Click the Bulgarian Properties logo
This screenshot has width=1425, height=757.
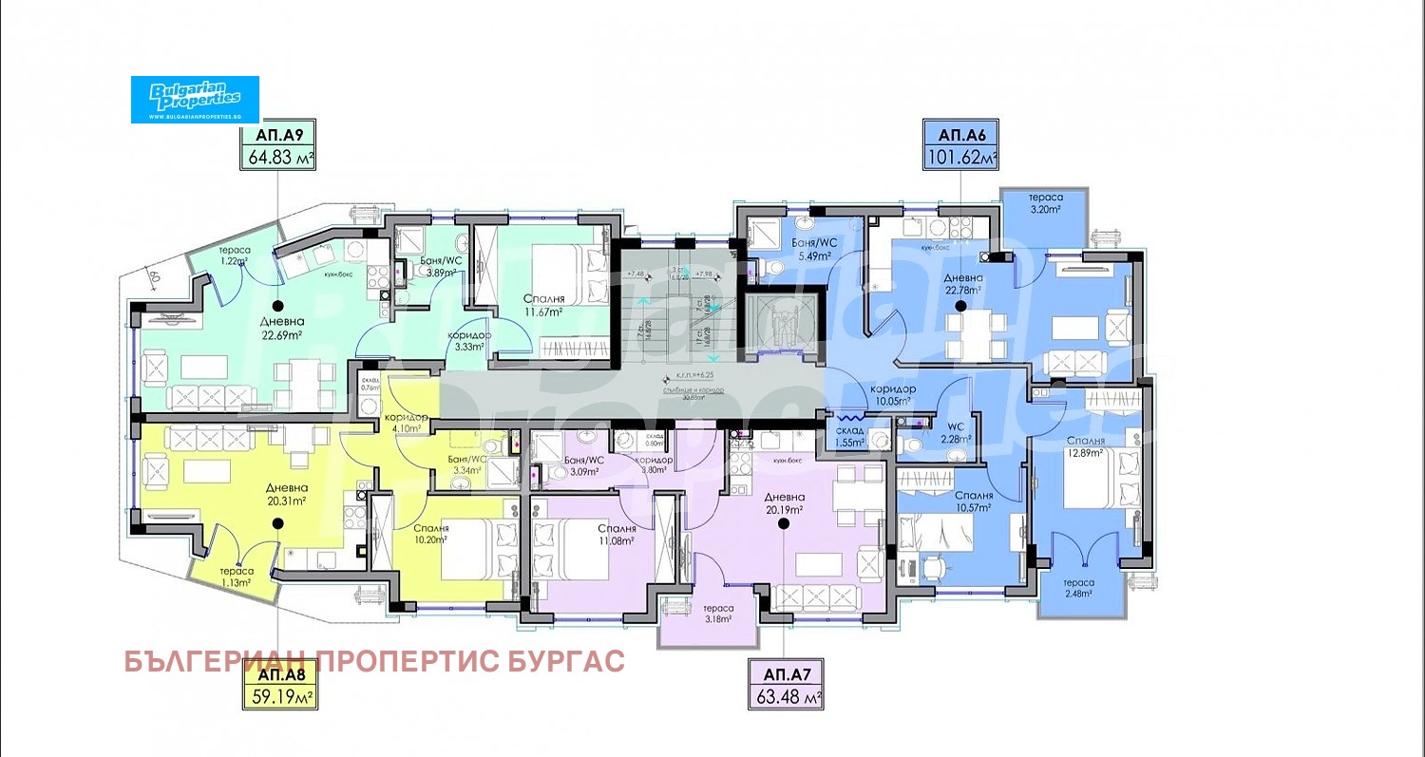click(195, 100)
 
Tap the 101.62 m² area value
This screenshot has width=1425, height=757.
click(961, 158)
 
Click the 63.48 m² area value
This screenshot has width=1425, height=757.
click(786, 699)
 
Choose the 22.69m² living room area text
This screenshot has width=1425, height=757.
click(283, 334)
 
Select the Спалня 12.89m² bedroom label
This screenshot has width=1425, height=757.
click(1085, 447)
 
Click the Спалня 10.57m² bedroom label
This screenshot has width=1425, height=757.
click(975, 501)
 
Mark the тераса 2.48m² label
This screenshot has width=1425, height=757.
click(1078, 589)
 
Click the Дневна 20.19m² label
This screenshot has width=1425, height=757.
click(784, 502)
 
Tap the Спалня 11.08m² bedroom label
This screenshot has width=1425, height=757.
click(617, 535)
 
